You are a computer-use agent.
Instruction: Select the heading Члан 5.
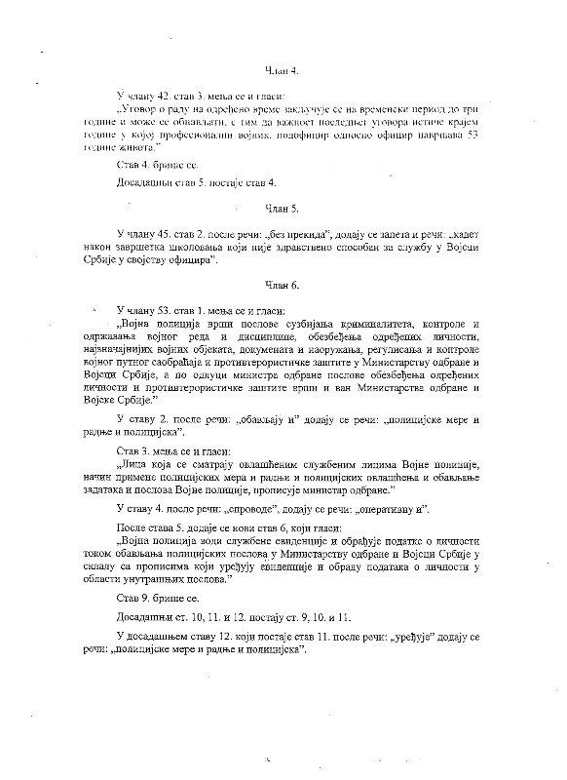point(283,210)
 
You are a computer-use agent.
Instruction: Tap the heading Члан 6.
point(283,284)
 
